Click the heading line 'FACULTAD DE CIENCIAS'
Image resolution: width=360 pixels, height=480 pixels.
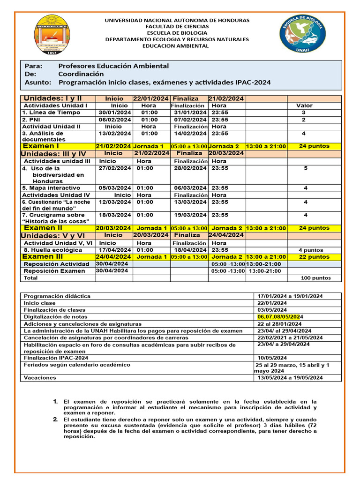pos(177,27)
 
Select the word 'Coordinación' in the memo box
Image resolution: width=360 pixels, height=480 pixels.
pos(81,74)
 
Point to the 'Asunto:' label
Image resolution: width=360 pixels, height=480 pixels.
pos(37,82)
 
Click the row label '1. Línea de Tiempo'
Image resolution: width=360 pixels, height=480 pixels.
pos(51,112)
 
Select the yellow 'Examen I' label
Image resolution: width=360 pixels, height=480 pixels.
pos(41,146)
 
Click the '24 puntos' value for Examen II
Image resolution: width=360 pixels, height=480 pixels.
pos(314,228)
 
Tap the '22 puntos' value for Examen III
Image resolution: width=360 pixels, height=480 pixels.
pos(314,257)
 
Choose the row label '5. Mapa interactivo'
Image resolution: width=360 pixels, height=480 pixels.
pos(51,188)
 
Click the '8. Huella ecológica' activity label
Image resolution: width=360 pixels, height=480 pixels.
pos(52,250)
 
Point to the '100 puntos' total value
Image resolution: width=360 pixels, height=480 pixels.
pos(315,278)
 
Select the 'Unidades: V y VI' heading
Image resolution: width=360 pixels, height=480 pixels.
pos(53,235)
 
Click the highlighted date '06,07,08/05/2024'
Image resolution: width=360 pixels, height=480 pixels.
pos(280,317)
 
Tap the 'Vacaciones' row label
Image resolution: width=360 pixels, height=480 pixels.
pos(40,377)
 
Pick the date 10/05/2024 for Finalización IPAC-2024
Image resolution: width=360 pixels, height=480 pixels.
pos(272,358)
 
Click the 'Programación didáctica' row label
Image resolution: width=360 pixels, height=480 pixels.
pos(57,296)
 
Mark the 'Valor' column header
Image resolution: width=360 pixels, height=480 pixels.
pos(304,105)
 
